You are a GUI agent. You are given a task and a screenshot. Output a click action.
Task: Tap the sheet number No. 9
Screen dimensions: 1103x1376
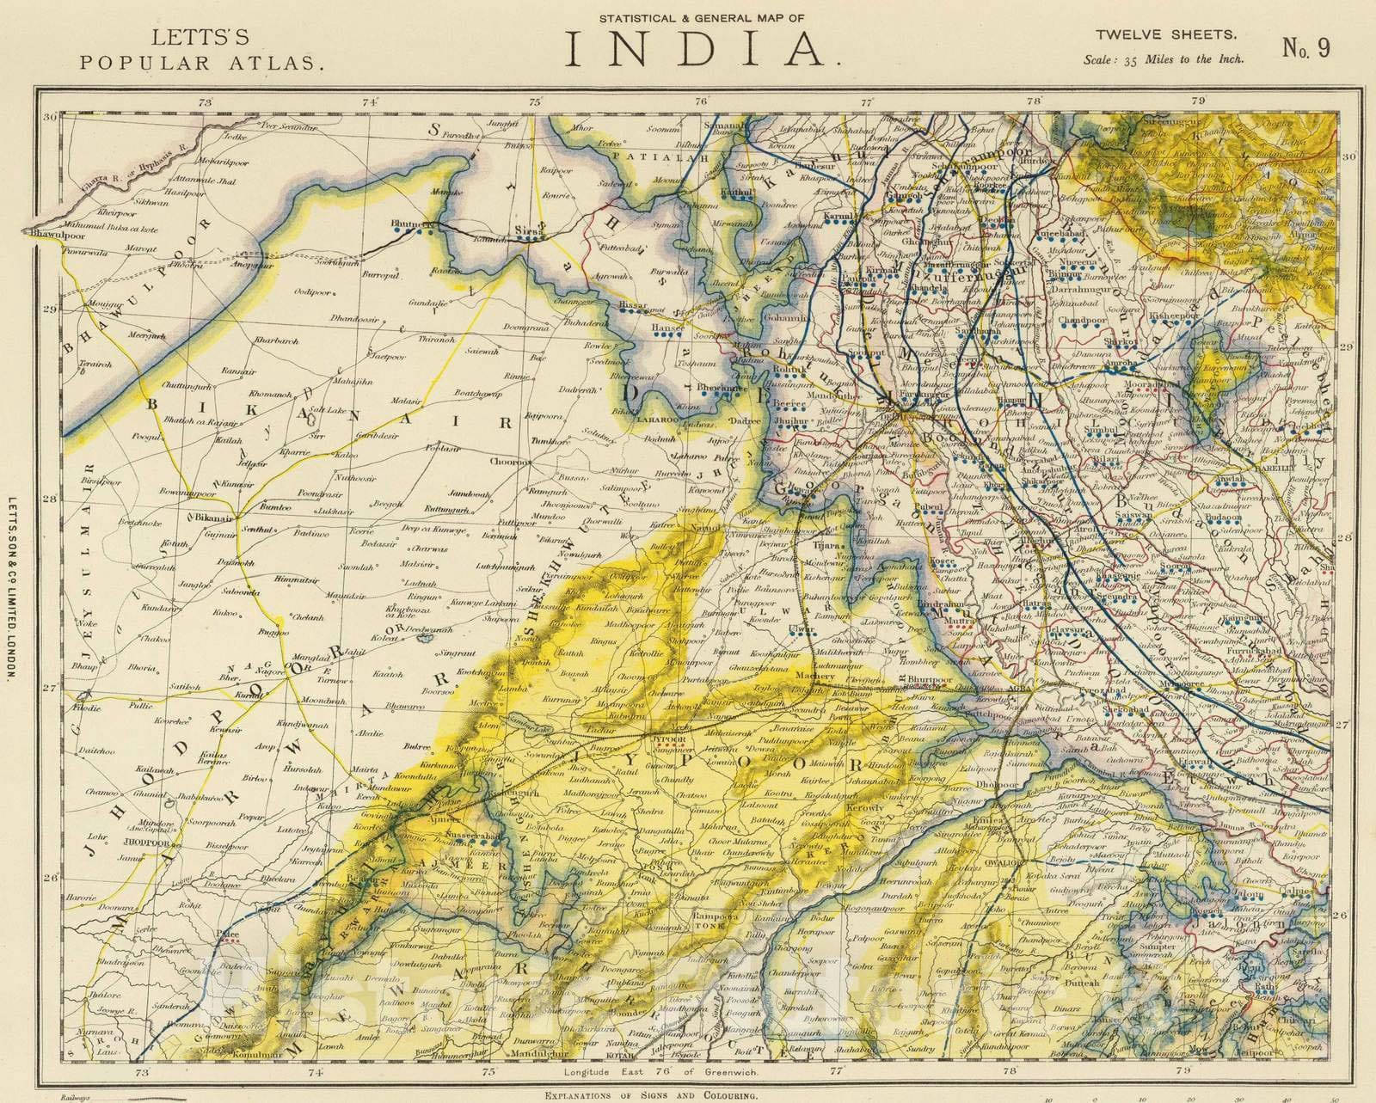tap(1306, 47)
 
